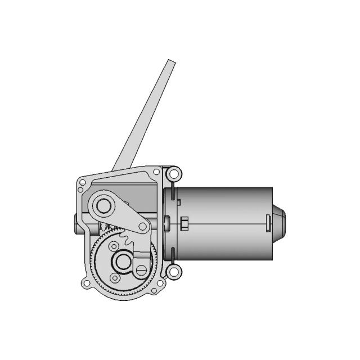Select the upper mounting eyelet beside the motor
[174, 173]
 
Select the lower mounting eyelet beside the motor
[174, 272]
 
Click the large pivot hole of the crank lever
[103, 206]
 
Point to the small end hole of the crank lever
[143, 226]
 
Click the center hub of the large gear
[121, 260]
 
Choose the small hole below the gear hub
[115, 277]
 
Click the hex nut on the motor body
[184, 223]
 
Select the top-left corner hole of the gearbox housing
[82, 182]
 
